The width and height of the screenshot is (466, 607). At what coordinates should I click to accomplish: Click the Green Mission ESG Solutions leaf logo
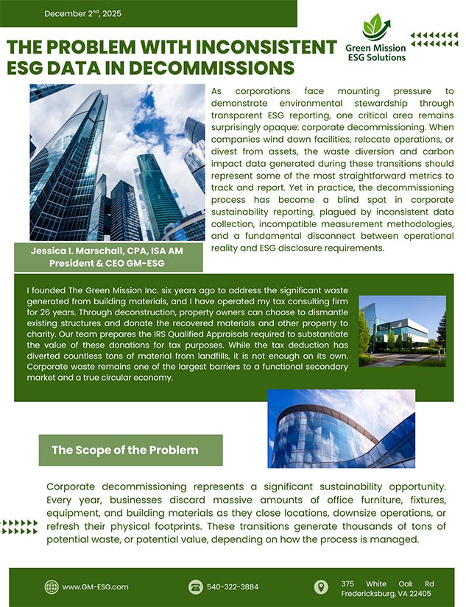pos(375,26)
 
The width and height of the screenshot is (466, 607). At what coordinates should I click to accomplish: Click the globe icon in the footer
pos(52,586)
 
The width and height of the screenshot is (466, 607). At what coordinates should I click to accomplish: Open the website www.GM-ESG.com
pos(96,586)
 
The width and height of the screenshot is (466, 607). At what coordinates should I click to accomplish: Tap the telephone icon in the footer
pos(195,586)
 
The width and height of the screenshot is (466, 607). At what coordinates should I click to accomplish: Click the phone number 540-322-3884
pos(233,586)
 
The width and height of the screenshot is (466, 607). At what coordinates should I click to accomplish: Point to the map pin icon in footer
pos(320,586)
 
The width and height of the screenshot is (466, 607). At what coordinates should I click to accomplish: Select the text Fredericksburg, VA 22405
pos(386,592)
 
